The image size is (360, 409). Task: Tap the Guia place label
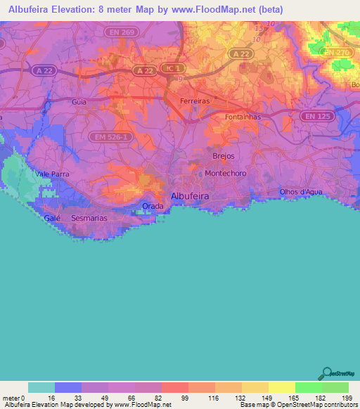coord(79,102)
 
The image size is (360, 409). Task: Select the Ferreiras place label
coord(195,101)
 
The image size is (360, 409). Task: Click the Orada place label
coord(153,206)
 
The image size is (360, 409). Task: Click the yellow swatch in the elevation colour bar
coord(281,387)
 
